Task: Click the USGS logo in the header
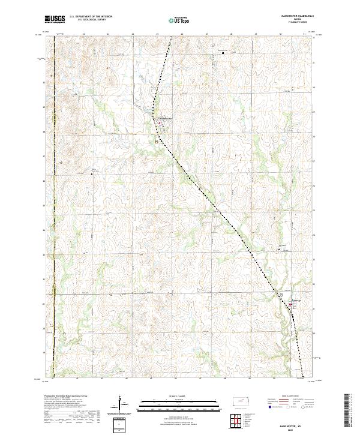pos(55,19)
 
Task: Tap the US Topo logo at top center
pos(175,19)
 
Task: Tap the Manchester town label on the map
pos(164,118)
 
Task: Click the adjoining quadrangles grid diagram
pos(239,422)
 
